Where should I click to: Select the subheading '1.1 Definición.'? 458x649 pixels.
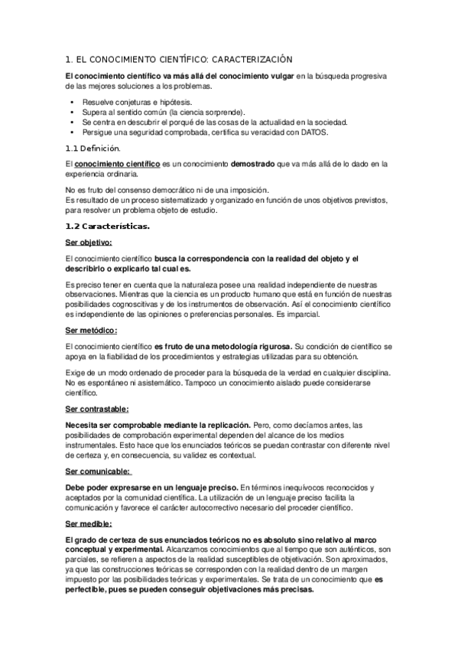(x=93, y=148)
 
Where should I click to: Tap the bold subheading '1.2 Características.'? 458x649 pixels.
(x=108, y=227)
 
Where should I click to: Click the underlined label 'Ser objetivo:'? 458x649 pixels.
(x=89, y=243)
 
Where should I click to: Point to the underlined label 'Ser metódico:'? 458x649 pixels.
(x=91, y=330)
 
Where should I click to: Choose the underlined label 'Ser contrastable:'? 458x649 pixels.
(x=96, y=409)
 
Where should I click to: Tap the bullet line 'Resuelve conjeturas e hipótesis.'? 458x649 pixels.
(x=137, y=101)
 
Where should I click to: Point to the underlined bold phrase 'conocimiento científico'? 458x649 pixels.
(x=118, y=164)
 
